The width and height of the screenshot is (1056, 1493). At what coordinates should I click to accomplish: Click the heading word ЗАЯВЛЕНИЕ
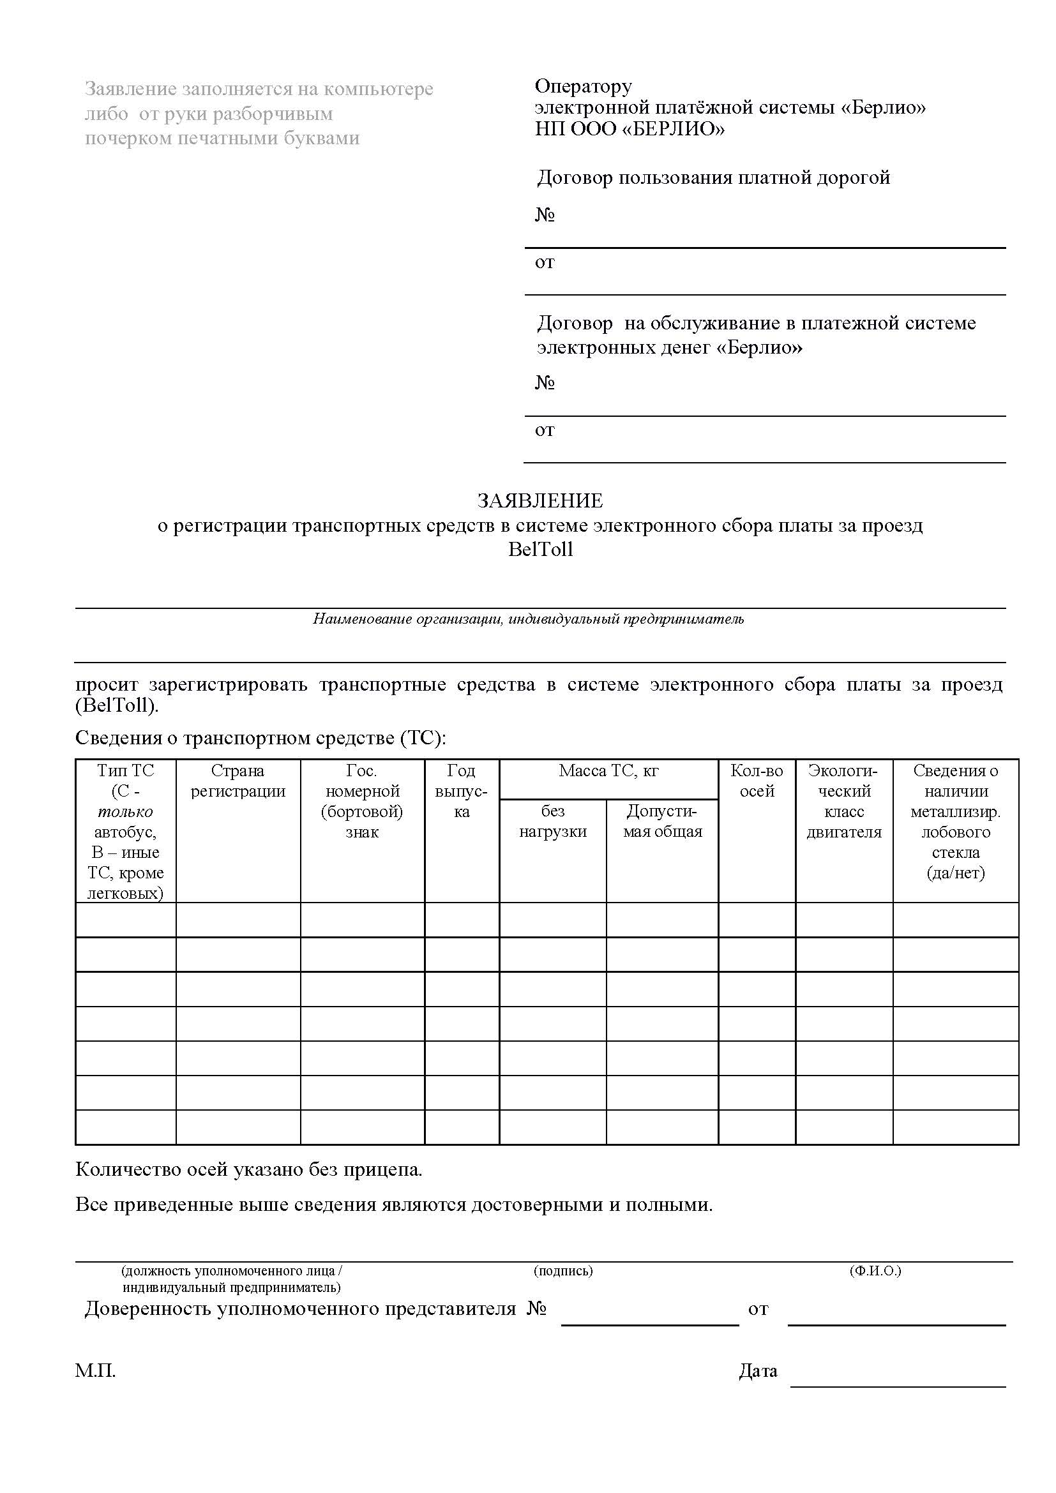point(539,500)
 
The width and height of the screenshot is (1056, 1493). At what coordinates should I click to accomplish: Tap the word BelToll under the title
point(540,550)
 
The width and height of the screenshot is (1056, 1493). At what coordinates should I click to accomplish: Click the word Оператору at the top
point(583,86)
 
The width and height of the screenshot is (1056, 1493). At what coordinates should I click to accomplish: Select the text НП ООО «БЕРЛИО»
point(630,129)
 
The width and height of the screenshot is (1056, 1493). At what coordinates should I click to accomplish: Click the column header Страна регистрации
point(238,781)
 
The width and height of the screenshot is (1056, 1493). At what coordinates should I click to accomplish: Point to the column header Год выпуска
point(461,791)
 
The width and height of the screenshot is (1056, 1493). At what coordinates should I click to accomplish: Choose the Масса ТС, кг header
point(608,771)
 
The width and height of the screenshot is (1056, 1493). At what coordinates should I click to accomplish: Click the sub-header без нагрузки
point(553,822)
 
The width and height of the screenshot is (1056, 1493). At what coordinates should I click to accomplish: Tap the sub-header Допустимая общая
point(662,822)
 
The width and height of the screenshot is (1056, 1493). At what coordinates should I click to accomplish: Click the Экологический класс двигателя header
point(843,801)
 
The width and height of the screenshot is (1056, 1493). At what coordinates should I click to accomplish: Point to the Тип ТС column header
point(126,770)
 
